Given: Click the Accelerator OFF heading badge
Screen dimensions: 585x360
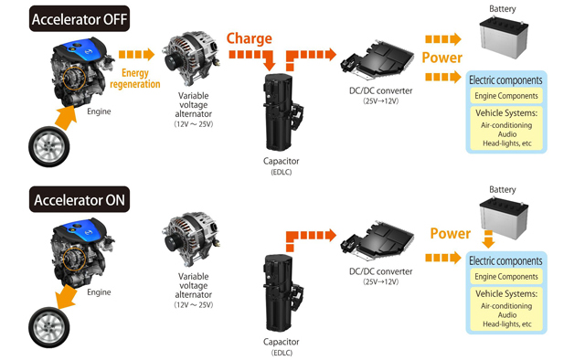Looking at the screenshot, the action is coord(80,18).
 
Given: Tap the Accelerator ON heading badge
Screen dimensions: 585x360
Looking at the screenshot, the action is coord(80,199).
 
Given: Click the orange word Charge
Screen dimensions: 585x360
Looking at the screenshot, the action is coord(250,38).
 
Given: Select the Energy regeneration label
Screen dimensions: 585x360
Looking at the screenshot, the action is coord(135,79).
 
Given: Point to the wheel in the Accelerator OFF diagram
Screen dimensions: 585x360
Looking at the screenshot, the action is coord(48,146).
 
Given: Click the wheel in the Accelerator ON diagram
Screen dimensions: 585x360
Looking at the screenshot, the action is coord(48,327).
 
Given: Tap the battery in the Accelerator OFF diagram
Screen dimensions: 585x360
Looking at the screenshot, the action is coord(504,37).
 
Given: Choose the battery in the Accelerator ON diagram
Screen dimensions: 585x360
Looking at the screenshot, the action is coord(504,218).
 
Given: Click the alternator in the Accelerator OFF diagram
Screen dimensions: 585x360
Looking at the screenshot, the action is coord(190,58).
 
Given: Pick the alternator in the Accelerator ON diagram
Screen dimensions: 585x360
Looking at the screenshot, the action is coord(190,239).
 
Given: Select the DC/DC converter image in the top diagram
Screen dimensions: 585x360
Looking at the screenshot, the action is coord(378,60).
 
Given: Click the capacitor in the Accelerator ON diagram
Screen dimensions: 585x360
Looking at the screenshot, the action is coord(282,293).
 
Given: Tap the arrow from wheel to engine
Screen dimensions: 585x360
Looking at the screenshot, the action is coord(66,117).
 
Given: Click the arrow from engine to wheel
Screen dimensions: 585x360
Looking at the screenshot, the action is coord(67,297).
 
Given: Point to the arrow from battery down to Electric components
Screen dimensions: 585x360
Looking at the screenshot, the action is coord(488,238).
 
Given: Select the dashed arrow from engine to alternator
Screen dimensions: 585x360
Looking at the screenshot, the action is coord(136,55).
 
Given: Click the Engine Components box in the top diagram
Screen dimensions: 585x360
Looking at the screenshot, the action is coord(506,96).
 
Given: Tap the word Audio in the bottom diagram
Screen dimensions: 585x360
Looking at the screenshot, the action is coord(507,315).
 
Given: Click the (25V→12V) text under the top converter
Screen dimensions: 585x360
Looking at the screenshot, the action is coord(381,101).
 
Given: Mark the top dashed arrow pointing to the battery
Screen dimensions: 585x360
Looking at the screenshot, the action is coord(443,38).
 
